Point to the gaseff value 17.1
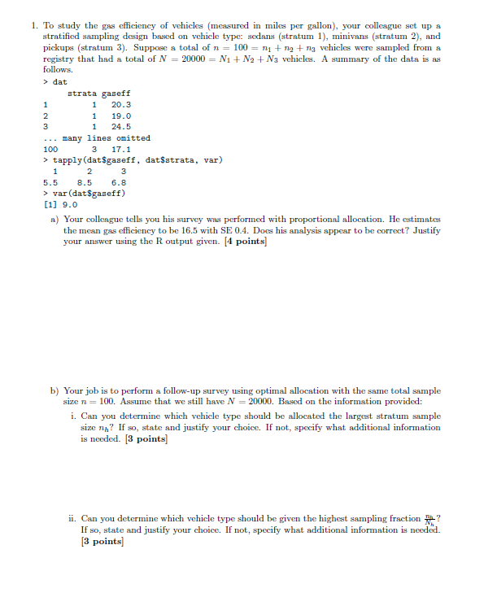tap(121, 150)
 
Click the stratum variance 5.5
tap(50, 183)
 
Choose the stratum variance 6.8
tap(119, 183)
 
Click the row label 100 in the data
tap(50, 150)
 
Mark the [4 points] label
tap(244, 242)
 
